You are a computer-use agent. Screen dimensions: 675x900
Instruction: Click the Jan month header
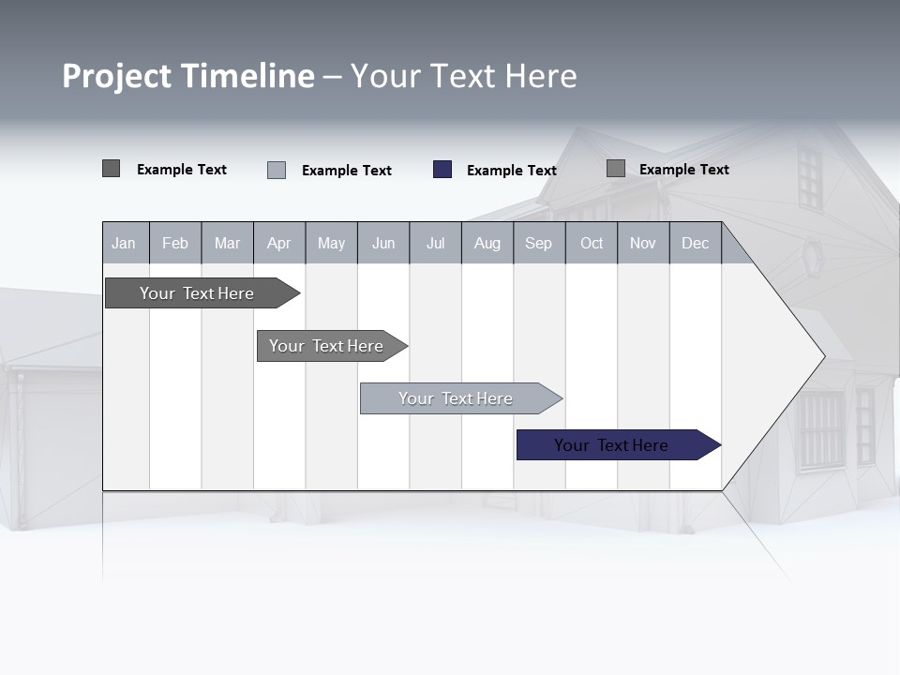pos(124,243)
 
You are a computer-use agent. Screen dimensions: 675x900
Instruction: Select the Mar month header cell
pos(227,243)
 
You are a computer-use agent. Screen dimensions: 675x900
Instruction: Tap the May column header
pos(331,243)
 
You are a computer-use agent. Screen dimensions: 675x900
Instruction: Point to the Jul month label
pos(435,243)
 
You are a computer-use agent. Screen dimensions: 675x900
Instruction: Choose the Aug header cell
pos(487,243)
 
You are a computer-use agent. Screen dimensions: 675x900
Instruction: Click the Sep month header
pos(538,243)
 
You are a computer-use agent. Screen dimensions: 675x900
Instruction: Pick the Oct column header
pos(592,243)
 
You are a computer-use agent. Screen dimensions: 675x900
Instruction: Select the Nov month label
pos(643,243)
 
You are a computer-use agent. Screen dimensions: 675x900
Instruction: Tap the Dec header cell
pos(695,243)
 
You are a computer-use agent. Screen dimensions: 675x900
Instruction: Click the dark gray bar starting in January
pos(197,293)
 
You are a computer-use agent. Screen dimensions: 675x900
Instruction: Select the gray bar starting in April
pos(326,346)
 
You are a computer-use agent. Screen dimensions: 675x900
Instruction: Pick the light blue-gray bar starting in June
pos(456,398)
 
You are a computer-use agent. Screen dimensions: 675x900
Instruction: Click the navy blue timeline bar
pos(611,445)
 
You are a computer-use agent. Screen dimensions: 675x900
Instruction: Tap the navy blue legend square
pos(442,170)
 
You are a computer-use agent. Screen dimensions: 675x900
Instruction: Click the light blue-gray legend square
pos(277,170)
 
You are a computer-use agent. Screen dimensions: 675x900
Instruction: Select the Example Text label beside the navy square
pos(511,171)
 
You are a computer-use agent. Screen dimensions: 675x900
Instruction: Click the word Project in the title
pos(117,76)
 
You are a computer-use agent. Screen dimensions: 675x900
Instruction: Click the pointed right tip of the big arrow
pos(822,355)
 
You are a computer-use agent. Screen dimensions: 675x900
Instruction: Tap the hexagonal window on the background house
pos(812,257)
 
